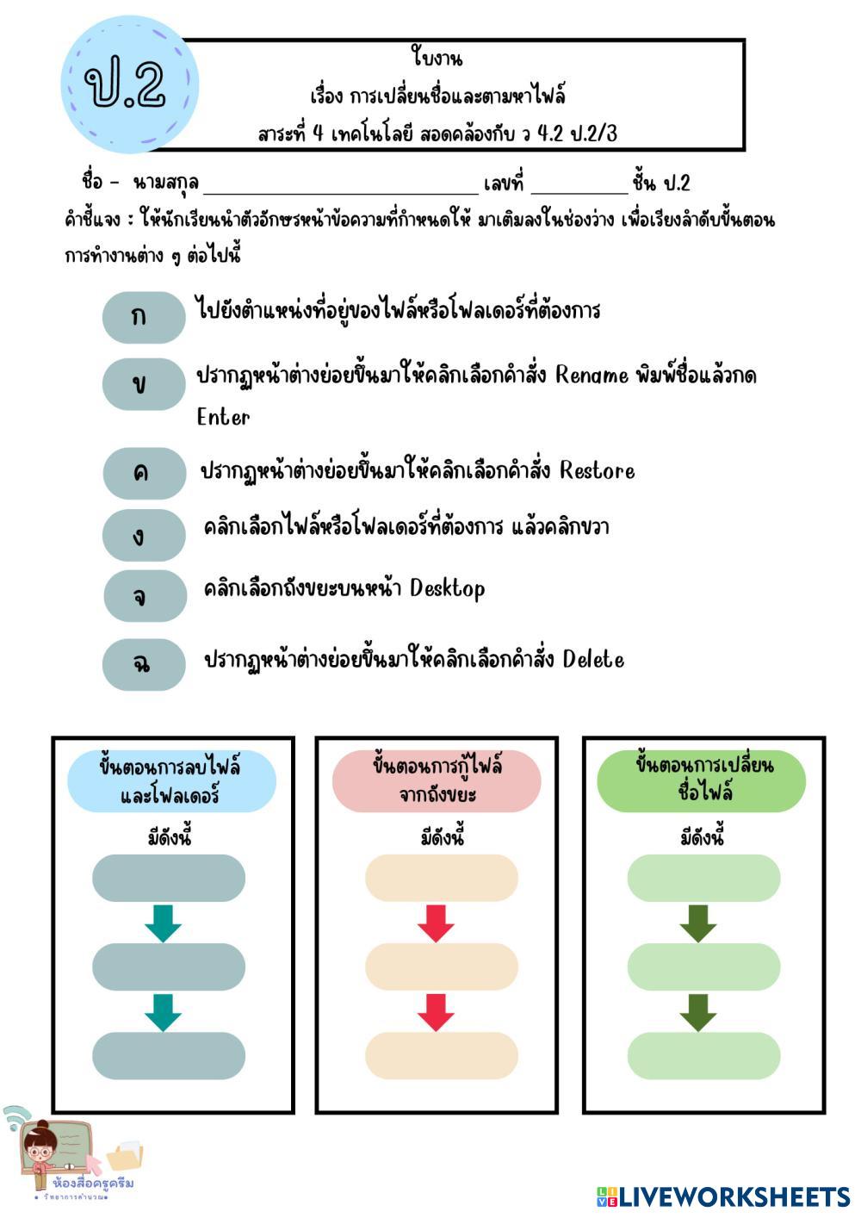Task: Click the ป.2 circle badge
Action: pos(129,84)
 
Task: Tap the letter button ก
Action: pos(143,317)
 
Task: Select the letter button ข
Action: pos(143,384)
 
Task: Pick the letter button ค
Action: pos(143,472)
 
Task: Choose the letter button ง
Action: pos(143,535)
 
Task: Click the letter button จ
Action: pos(143,595)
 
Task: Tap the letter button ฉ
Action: pos(143,663)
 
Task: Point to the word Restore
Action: pos(597,471)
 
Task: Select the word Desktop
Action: pos(447,589)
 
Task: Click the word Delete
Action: pos(593,660)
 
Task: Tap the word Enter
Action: pos(223,418)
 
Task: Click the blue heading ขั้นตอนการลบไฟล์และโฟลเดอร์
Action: pos(171,780)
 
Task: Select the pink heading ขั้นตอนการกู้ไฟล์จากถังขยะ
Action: pos(437,780)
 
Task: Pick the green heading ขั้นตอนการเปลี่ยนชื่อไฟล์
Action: pos(702,780)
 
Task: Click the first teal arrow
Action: pos(163,923)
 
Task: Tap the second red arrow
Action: pos(436,1012)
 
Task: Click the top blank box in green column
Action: pos(703,879)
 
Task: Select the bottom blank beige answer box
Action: pos(442,1056)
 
